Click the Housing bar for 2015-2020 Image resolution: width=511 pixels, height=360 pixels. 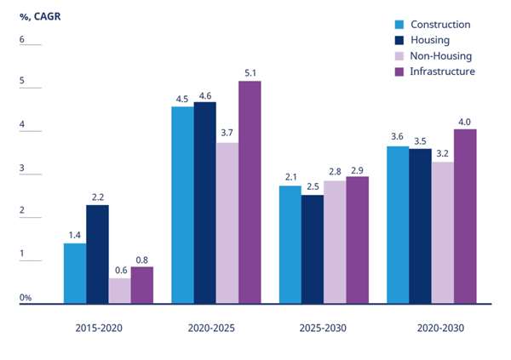[x=97, y=254]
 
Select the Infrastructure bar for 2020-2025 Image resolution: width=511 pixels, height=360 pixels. [x=250, y=191]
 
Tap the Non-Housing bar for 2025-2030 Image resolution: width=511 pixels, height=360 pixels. [x=335, y=241]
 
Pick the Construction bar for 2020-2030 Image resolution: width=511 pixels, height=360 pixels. [x=398, y=224]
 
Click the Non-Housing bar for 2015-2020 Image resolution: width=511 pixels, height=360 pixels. [x=119, y=290]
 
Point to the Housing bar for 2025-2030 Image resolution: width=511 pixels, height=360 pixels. [x=313, y=249]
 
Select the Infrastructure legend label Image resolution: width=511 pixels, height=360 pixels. [x=442, y=71]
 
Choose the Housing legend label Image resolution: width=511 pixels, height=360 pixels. [x=429, y=40]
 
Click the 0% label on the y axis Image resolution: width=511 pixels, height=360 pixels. [x=26, y=298]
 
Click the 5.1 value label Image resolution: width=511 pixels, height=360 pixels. [x=250, y=72]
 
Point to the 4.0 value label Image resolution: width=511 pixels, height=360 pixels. [x=465, y=121]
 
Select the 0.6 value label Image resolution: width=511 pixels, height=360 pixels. [x=119, y=270]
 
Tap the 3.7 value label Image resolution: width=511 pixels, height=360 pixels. [x=227, y=134]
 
